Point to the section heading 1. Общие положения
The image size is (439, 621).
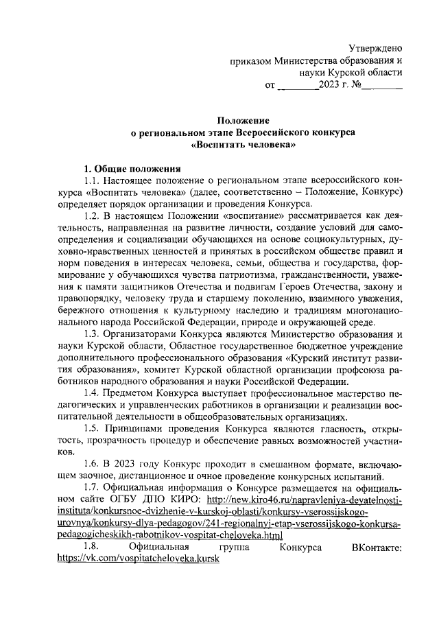131,168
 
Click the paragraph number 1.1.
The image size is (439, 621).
91,180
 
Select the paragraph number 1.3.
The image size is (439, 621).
91,333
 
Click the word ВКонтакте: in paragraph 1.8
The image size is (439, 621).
376,547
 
